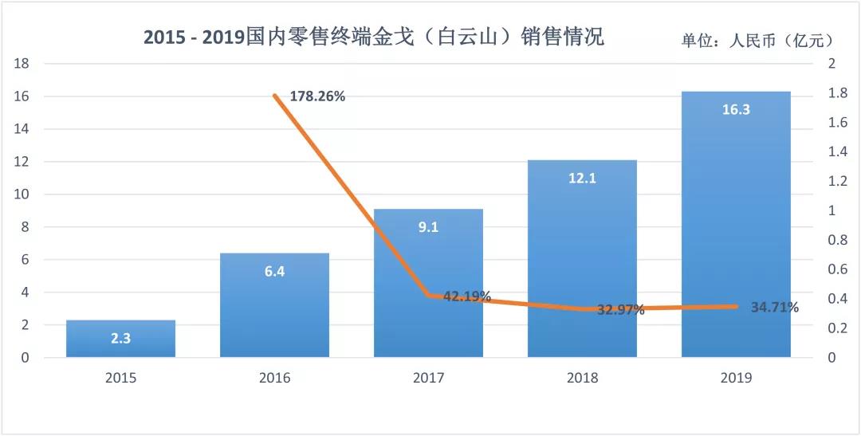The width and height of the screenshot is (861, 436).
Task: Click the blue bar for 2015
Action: click(121, 339)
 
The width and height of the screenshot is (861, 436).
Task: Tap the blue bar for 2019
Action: click(736, 224)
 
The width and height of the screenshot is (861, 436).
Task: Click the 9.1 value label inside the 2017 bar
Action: click(428, 227)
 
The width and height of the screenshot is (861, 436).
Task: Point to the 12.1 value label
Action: click(582, 178)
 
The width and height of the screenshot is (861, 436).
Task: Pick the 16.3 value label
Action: click(736, 110)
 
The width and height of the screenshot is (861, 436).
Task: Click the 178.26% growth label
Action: click(317, 96)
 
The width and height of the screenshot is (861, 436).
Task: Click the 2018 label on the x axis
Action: click(582, 378)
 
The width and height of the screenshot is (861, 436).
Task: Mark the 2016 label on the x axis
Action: click(274, 378)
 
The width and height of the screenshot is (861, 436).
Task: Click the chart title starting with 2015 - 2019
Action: click(373, 37)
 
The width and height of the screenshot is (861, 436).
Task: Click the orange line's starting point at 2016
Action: click(275, 96)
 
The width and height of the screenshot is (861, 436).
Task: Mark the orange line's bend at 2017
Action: click(429, 295)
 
